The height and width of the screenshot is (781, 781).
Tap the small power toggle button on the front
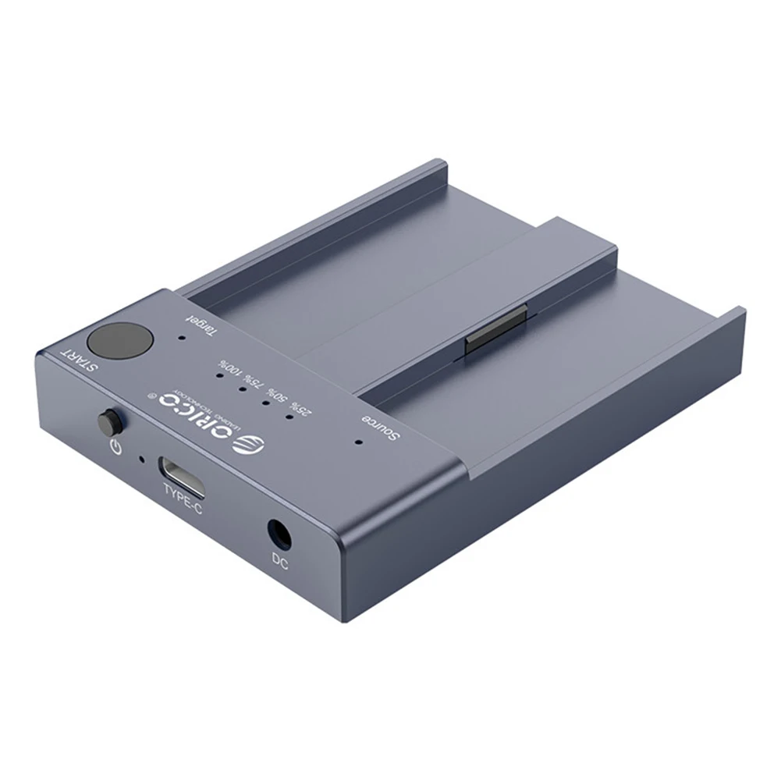click(x=108, y=423)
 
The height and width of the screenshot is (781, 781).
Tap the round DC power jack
click(x=279, y=534)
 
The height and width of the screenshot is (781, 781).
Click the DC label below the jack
click(x=280, y=559)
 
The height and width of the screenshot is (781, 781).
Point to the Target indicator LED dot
click(x=181, y=339)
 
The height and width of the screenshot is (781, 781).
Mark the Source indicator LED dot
click(x=358, y=441)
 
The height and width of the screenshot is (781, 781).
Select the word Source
click(x=380, y=429)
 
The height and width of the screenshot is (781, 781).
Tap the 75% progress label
click(x=254, y=382)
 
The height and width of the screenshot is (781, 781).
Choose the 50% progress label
click(x=277, y=395)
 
